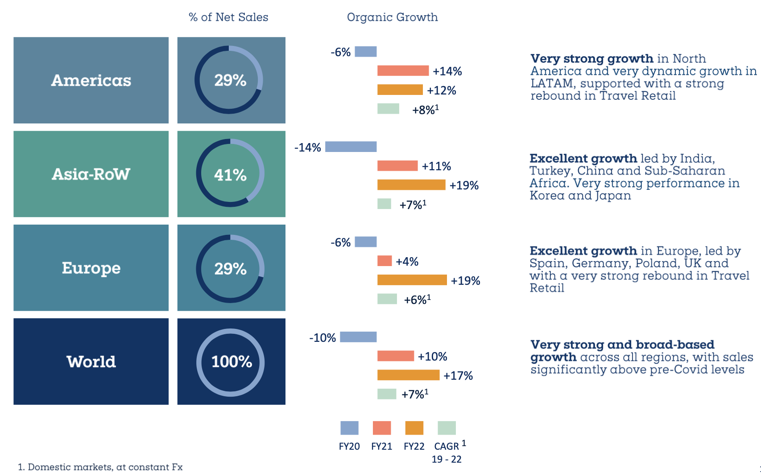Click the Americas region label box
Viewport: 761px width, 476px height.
(x=91, y=80)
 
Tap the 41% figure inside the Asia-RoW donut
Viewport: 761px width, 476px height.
(x=230, y=175)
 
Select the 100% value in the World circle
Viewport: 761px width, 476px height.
(x=232, y=361)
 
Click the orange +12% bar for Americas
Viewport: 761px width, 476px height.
(x=400, y=90)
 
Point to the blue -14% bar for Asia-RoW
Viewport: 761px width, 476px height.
(x=351, y=147)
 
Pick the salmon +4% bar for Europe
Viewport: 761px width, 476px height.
(x=385, y=261)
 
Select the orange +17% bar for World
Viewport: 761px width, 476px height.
(x=408, y=375)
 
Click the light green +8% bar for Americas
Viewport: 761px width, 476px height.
(x=388, y=109)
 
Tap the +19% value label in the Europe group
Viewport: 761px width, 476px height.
(x=465, y=281)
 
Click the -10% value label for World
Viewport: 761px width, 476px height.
(x=323, y=338)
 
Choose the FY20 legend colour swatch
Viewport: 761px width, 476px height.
(x=349, y=428)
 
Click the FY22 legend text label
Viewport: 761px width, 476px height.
(x=414, y=446)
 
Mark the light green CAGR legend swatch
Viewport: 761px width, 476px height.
(x=447, y=428)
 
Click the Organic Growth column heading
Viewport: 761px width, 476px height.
(x=392, y=17)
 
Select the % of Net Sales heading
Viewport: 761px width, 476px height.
(x=228, y=17)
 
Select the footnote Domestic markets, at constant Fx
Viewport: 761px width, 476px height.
(x=105, y=467)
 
